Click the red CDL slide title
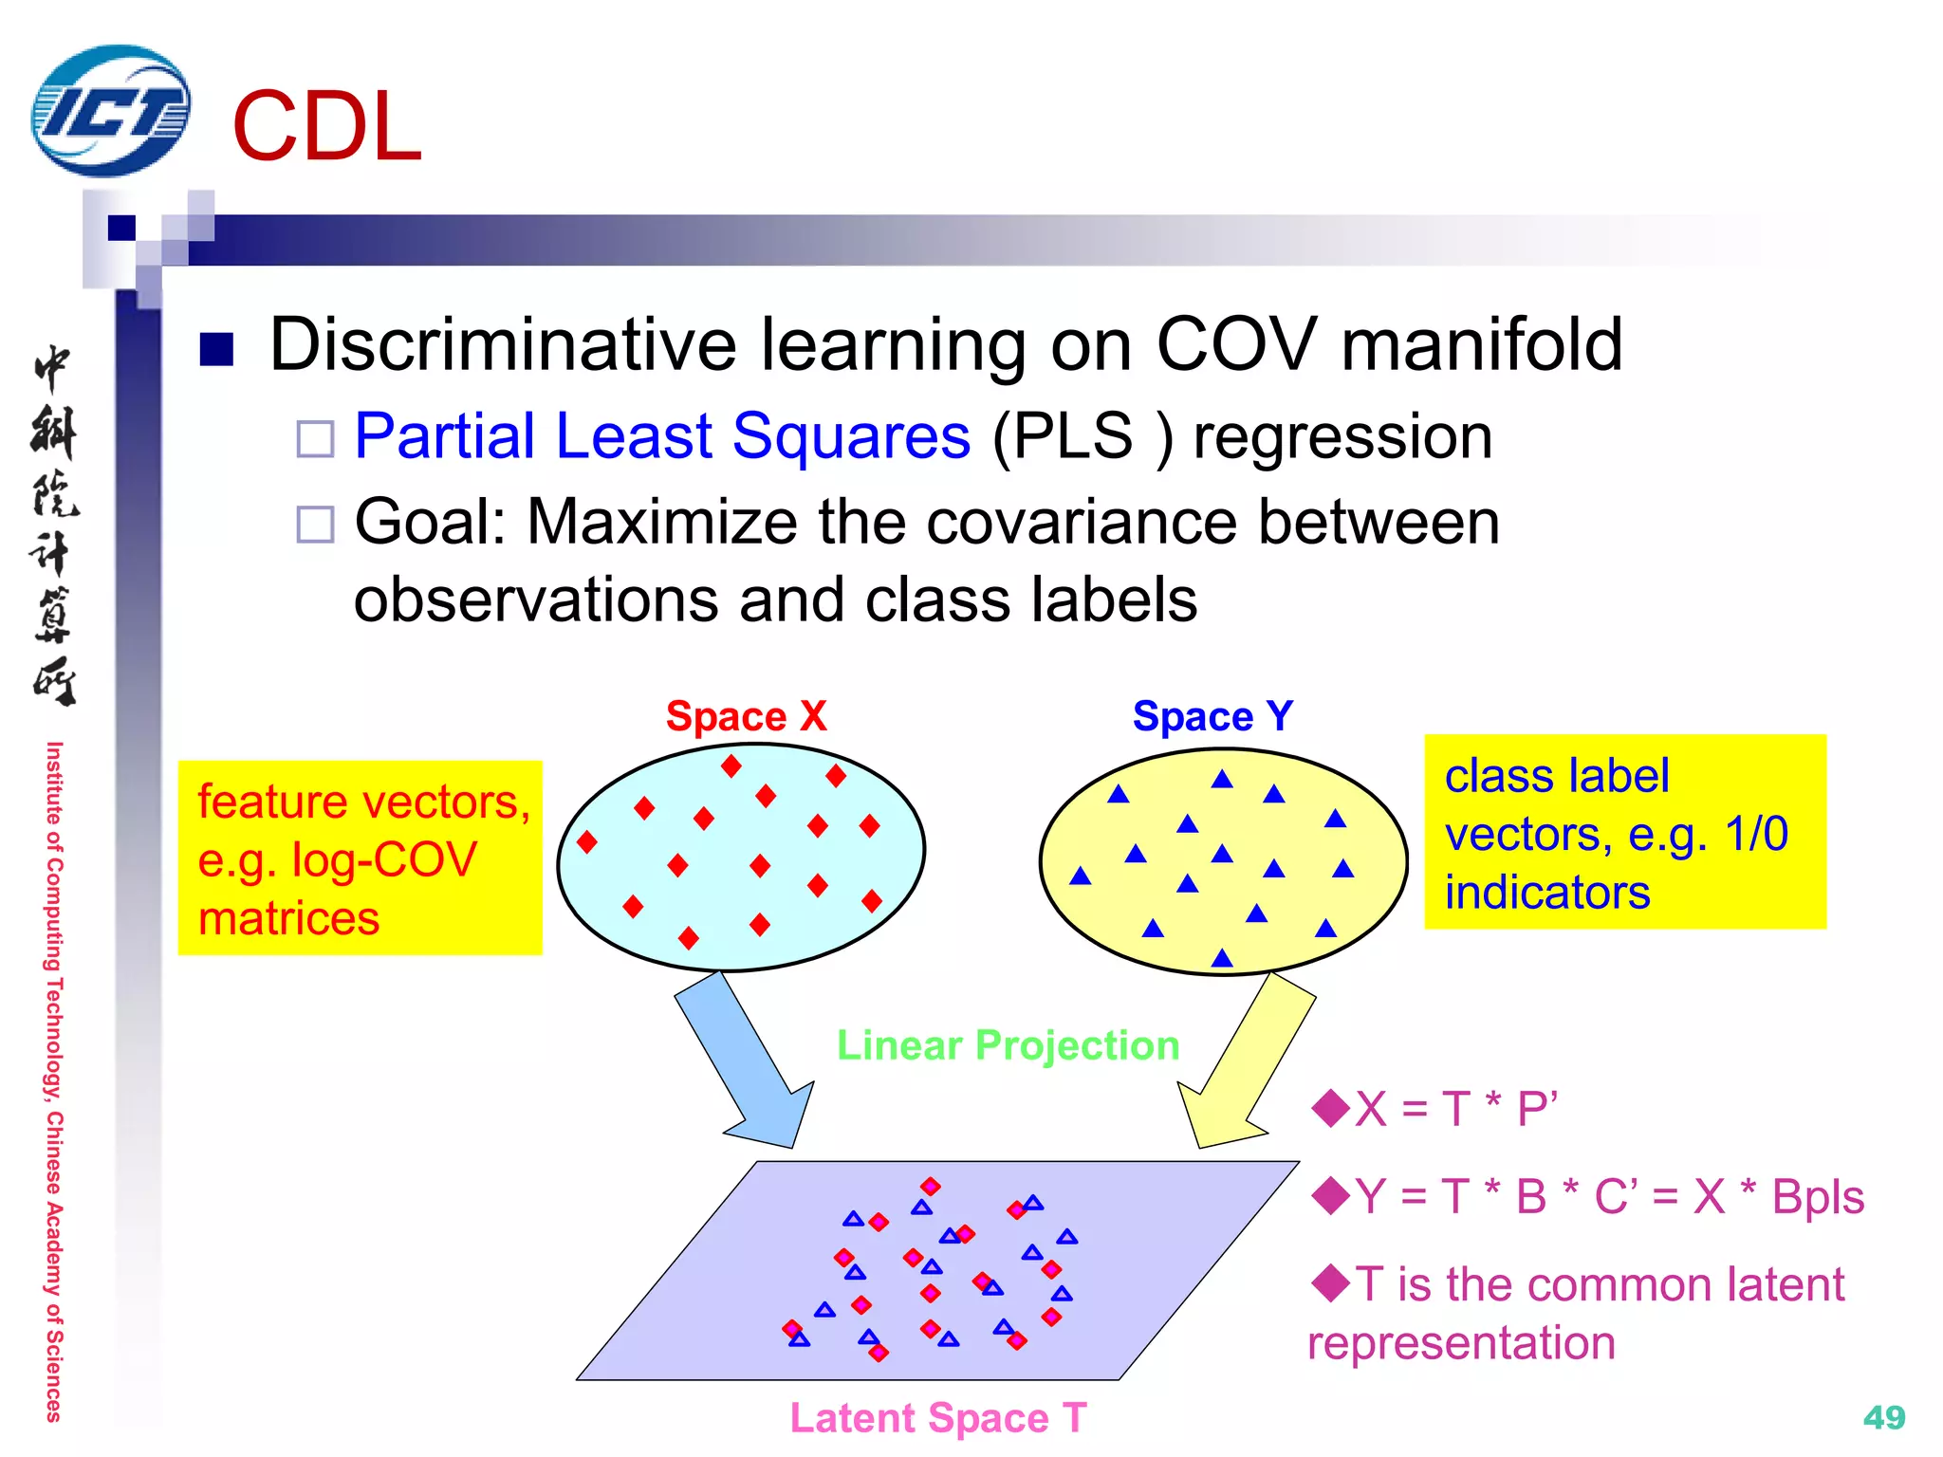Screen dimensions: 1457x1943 (x=326, y=127)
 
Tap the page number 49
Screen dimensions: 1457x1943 (x=1883, y=1417)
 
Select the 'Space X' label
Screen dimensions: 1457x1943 (x=746, y=716)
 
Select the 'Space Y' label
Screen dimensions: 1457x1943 (x=1212, y=716)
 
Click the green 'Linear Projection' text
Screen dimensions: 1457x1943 (x=1008, y=1045)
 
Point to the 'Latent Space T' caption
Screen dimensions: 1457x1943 (x=937, y=1418)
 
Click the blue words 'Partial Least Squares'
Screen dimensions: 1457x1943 (x=662, y=436)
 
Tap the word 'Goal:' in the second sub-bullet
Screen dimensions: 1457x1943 (x=431, y=522)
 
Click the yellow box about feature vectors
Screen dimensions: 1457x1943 (x=361, y=858)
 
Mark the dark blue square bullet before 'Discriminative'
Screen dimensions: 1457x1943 (x=216, y=349)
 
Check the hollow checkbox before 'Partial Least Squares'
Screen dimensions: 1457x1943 (x=315, y=439)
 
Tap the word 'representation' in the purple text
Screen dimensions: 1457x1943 (x=1461, y=1343)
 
